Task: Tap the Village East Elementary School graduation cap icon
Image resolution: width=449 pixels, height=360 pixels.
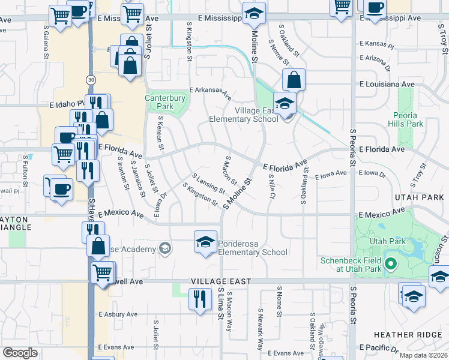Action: pos(285,102)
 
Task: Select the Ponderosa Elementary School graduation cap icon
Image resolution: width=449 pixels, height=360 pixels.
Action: pos(205,242)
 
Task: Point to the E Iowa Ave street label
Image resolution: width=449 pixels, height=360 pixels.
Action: pos(331,174)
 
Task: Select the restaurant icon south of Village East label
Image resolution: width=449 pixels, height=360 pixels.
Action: pos(199,299)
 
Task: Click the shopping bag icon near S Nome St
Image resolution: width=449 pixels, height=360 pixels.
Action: pos(294,79)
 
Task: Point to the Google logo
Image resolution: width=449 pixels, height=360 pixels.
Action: pos(20,353)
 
